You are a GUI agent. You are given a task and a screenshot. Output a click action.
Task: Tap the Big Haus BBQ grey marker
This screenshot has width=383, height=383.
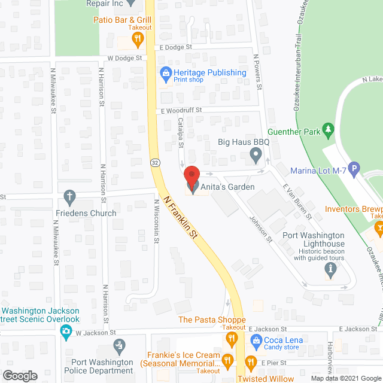(256, 156)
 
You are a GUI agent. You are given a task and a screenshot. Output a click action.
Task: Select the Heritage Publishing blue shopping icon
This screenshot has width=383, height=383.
(165, 74)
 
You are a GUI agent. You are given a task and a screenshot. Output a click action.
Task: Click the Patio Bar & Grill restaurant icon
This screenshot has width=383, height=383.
(138, 40)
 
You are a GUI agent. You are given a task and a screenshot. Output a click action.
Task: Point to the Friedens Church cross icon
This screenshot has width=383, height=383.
(70, 196)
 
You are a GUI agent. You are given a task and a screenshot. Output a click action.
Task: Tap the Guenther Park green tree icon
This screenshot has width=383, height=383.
(327, 129)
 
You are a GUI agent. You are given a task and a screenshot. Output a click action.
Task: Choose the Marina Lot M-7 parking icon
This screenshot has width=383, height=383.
(354, 171)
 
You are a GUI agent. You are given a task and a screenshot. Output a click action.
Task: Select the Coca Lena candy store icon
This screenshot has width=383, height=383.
(256, 342)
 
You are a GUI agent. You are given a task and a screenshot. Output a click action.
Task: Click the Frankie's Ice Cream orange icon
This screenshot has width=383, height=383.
(227, 360)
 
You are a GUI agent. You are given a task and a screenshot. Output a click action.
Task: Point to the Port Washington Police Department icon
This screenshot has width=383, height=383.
(120, 344)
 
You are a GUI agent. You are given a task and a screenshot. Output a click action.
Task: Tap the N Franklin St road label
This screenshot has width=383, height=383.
(181, 218)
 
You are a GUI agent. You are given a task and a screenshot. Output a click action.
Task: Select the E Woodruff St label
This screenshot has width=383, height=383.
(180, 111)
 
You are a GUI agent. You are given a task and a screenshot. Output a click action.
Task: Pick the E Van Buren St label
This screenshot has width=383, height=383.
(297, 201)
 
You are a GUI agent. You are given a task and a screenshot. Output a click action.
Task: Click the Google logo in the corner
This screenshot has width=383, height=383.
(19, 375)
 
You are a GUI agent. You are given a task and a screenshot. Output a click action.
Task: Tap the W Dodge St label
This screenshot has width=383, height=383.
(126, 58)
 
